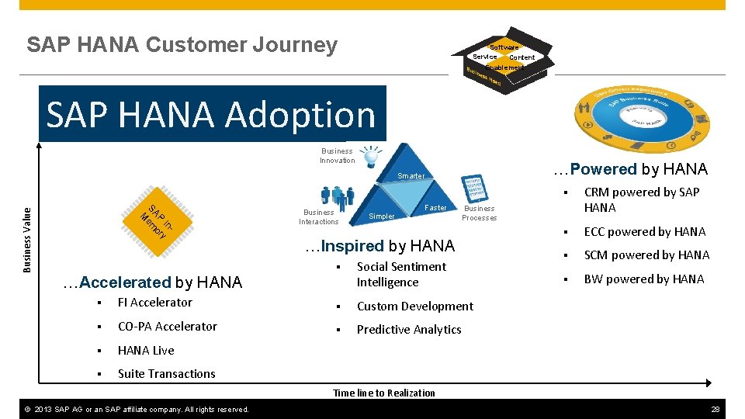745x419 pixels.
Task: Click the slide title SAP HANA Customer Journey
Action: pyautogui.click(x=182, y=45)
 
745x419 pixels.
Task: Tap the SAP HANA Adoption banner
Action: pyautogui.click(x=211, y=115)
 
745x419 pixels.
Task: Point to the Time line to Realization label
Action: pyautogui.click(x=384, y=393)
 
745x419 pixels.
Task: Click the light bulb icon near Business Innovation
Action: pyautogui.click(x=372, y=155)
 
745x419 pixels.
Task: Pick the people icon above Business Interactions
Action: pyautogui.click(x=337, y=196)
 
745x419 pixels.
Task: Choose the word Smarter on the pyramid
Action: pyautogui.click(x=411, y=176)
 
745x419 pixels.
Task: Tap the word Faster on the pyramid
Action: pyautogui.click(x=436, y=208)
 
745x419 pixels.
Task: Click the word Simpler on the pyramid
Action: pyautogui.click(x=381, y=216)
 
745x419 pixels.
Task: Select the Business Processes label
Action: pyautogui.click(x=479, y=213)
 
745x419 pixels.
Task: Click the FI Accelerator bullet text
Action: pyautogui.click(x=155, y=303)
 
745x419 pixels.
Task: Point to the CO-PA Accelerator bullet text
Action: pyautogui.click(x=168, y=327)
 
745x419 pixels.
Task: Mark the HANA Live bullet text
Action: pyautogui.click(x=146, y=351)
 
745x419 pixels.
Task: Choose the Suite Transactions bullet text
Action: pyautogui.click(x=167, y=374)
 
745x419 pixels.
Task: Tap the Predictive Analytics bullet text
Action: pyautogui.click(x=409, y=330)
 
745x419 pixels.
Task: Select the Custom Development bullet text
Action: pyautogui.click(x=414, y=306)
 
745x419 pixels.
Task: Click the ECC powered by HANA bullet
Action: pyautogui.click(x=645, y=232)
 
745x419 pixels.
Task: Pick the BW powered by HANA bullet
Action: pyautogui.click(x=644, y=279)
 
